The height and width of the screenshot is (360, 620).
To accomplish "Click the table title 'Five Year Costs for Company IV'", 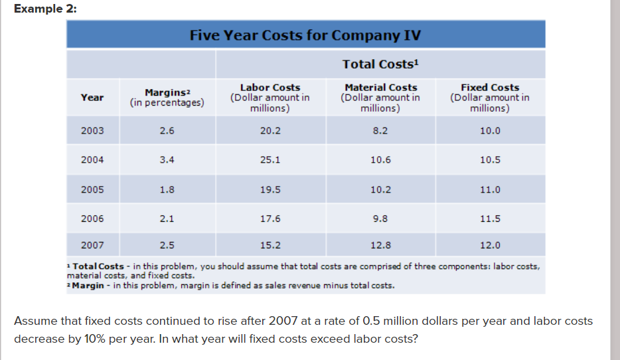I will click(x=305, y=35).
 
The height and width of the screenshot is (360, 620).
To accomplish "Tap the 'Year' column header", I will click(x=92, y=98).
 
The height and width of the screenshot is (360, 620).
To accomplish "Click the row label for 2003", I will click(x=92, y=131).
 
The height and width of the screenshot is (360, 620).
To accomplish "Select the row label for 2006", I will click(x=92, y=219).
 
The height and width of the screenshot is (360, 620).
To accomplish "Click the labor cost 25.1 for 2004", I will click(x=270, y=160).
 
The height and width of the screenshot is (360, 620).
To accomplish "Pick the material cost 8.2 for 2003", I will click(x=380, y=131).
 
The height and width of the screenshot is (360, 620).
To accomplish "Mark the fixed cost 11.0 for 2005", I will click(x=489, y=189).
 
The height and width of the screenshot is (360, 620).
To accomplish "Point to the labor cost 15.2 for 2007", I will click(x=270, y=245).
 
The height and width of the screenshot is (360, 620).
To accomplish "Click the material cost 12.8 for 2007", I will click(x=380, y=245).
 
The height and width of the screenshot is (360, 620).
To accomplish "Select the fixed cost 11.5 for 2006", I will click(x=489, y=219).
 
